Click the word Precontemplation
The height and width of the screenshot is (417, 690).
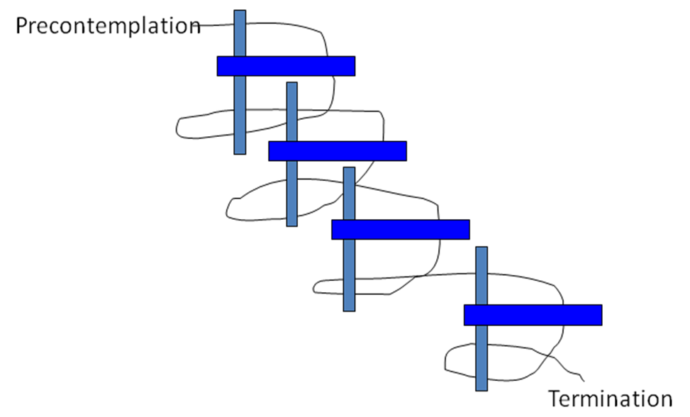(x=108, y=26)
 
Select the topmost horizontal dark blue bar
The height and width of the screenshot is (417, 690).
(x=286, y=66)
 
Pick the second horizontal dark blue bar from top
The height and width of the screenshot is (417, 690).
(x=338, y=151)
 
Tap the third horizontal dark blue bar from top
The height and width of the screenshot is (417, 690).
(x=401, y=230)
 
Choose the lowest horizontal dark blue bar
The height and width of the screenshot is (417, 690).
(x=533, y=315)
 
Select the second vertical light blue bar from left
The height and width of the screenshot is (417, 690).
(x=291, y=191)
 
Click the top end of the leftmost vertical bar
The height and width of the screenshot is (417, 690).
(x=240, y=12)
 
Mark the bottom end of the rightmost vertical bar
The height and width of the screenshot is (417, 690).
(x=482, y=389)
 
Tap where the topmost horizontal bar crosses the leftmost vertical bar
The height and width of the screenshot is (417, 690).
(x=240, y=66)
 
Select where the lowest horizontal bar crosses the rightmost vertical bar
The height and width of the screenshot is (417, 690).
(x=482, y=315)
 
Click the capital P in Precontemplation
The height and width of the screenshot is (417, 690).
(x=22, y=26)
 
